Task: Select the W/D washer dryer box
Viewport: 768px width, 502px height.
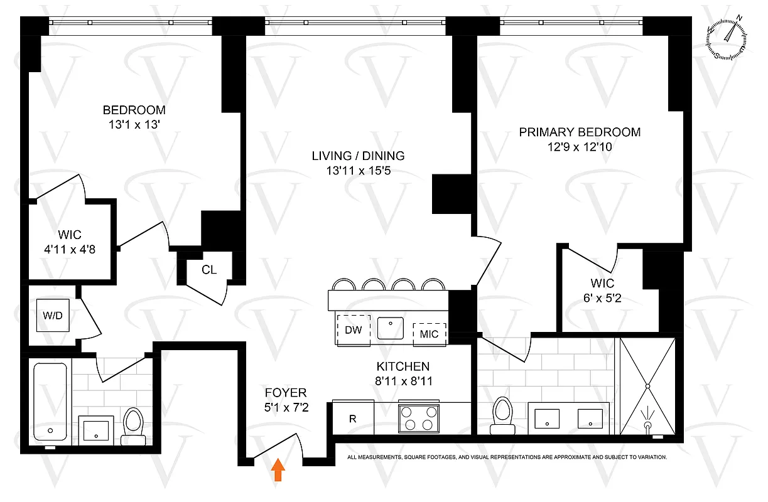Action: tap(53, 315)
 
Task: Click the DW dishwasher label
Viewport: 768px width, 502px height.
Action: tap(354, 331)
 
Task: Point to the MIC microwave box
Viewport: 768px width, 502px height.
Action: tap(430, 334)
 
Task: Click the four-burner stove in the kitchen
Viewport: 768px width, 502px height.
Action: tap(418, 417)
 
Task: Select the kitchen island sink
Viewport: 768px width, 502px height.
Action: tap(393, 328)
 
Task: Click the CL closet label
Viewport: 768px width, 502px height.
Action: tap(209, 270)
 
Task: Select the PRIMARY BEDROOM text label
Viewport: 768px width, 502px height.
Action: tap(580, 132)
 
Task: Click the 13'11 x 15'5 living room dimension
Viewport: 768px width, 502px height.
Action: tap(359, 171)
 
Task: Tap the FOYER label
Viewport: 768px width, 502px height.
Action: tap(285, 393)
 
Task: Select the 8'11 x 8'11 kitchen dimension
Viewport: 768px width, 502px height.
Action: tap(403, 380)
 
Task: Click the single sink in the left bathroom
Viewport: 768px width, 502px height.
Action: tap(96, 429)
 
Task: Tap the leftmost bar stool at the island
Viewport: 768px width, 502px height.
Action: tap(343, 286)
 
